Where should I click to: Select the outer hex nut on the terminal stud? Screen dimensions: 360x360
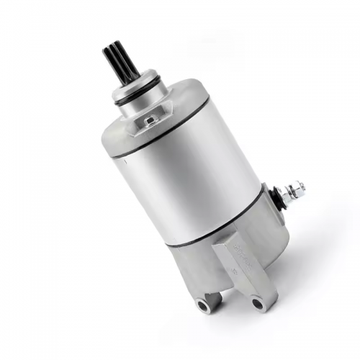point(296,189)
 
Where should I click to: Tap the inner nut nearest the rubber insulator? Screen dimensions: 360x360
point(287,194)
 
